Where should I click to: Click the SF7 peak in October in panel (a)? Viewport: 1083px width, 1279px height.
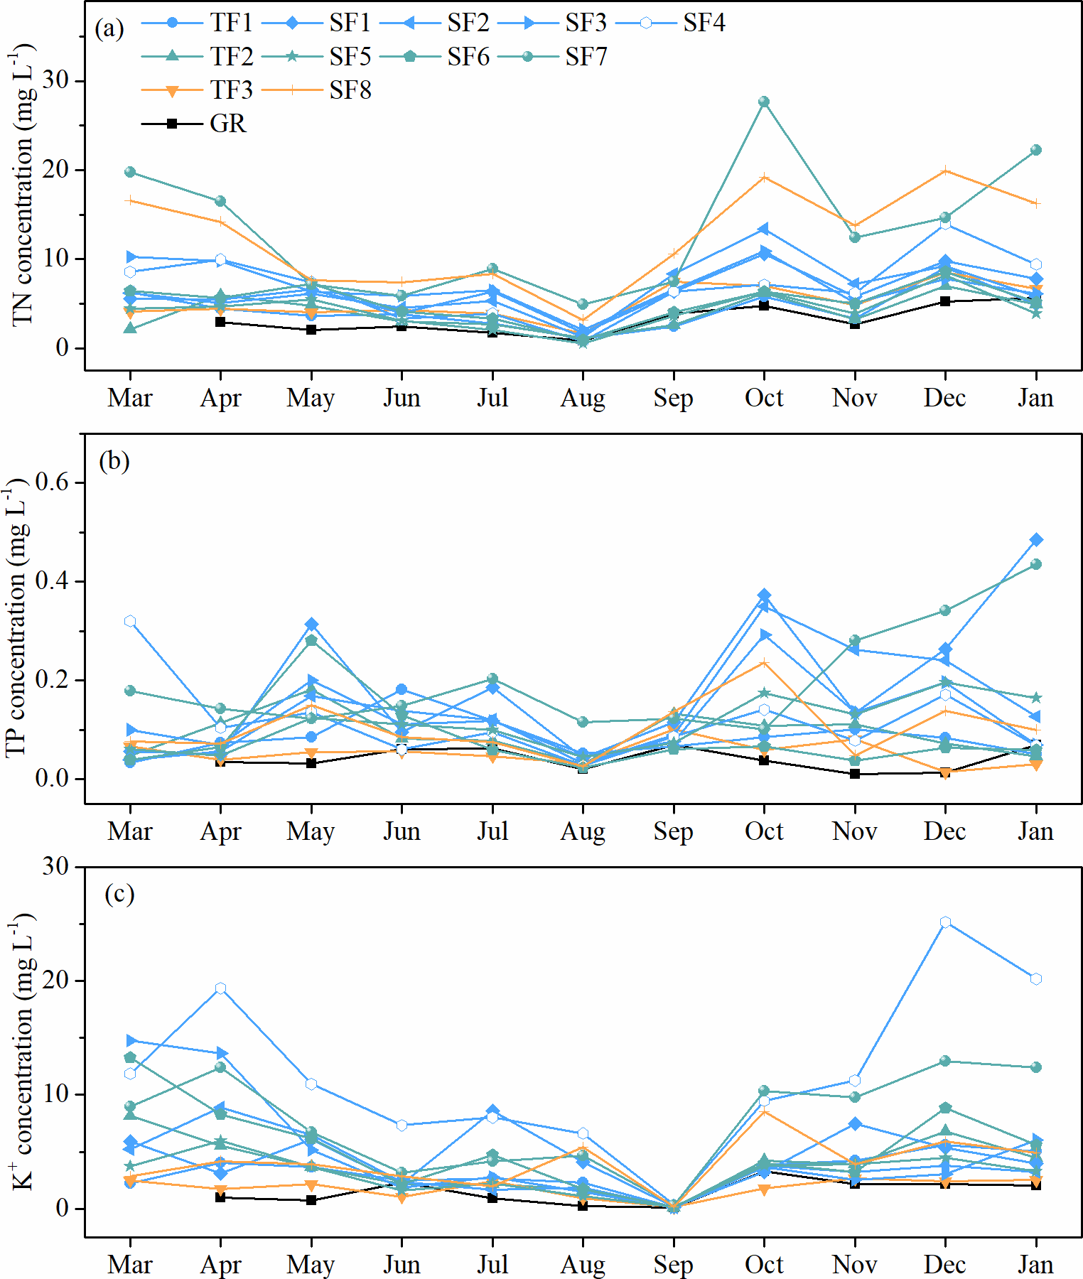tap(764, 102)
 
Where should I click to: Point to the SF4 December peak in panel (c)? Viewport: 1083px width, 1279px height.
tap(945, 922)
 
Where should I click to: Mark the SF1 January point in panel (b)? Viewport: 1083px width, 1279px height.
tap(1036, 540)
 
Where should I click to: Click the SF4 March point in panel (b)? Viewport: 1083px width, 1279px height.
tap(130, 621)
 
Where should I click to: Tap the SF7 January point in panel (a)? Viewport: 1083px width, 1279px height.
tap(1036, 150)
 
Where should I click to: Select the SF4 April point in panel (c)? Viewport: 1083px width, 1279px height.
tap(220, 988)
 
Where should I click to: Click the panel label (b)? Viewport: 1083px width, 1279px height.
tap(114, 461)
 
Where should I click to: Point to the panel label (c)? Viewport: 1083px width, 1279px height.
tap(119, 894)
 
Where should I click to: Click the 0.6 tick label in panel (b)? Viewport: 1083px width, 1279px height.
tap(52, 482)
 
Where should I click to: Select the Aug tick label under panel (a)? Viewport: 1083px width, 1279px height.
tap(583, 398)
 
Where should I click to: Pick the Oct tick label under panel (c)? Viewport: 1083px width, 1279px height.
tap(764, 1265)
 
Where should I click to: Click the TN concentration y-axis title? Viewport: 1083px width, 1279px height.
tap(23, 185)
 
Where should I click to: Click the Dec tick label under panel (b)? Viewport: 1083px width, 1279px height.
tap(944, 831)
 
